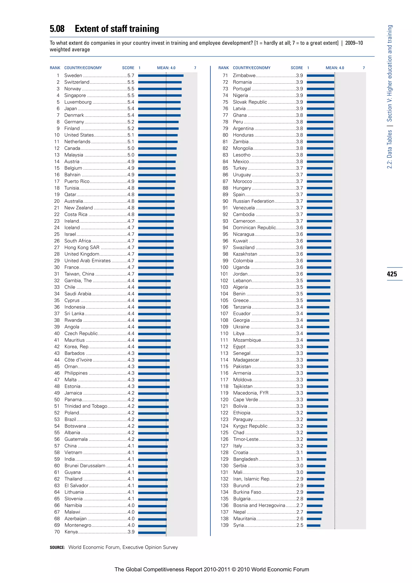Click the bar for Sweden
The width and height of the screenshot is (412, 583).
161,76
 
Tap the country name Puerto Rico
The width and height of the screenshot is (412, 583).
77,181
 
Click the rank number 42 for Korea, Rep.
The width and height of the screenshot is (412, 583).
57,347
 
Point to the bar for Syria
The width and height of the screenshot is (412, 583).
314,525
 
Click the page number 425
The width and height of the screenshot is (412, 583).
392,274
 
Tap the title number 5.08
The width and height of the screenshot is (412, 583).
57,29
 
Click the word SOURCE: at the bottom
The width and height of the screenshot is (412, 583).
57,547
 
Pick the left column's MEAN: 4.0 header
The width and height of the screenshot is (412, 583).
166,68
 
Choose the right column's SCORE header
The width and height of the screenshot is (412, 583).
297,68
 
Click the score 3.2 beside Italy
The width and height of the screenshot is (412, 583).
300,446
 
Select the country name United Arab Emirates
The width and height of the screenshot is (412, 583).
88,261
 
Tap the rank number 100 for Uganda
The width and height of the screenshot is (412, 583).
224,267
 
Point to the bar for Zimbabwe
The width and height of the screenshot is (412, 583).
320,76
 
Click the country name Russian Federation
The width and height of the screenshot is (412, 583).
253,201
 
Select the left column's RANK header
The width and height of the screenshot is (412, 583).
55,68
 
